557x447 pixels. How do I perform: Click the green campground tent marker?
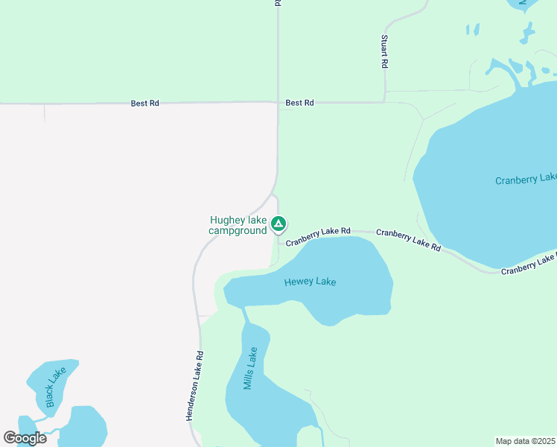[x=278, y=223]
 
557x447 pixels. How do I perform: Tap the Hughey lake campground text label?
[x=238, y=225]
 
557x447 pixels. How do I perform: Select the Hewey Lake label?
[x=310, y=282]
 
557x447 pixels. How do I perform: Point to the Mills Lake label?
[x=251, y=368]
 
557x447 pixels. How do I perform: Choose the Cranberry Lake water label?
[x=526, y=179]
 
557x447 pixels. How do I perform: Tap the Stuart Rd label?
[x=384, y=51]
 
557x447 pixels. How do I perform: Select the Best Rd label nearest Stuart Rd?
[x=299, y=103]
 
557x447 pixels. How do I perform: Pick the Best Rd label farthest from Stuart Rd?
[x=144, y=104]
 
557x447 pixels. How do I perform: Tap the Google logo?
[x=25, y=438]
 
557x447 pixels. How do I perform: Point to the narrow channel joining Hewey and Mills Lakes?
[x=244, y=314]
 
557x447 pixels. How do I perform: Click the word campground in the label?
[x=238, y=231]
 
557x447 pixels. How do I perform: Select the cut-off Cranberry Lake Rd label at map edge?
[x=529, y=264]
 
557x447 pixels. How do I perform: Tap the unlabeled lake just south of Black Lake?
[x=83, y=426]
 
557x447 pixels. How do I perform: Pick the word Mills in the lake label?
[x=249, y=375]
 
